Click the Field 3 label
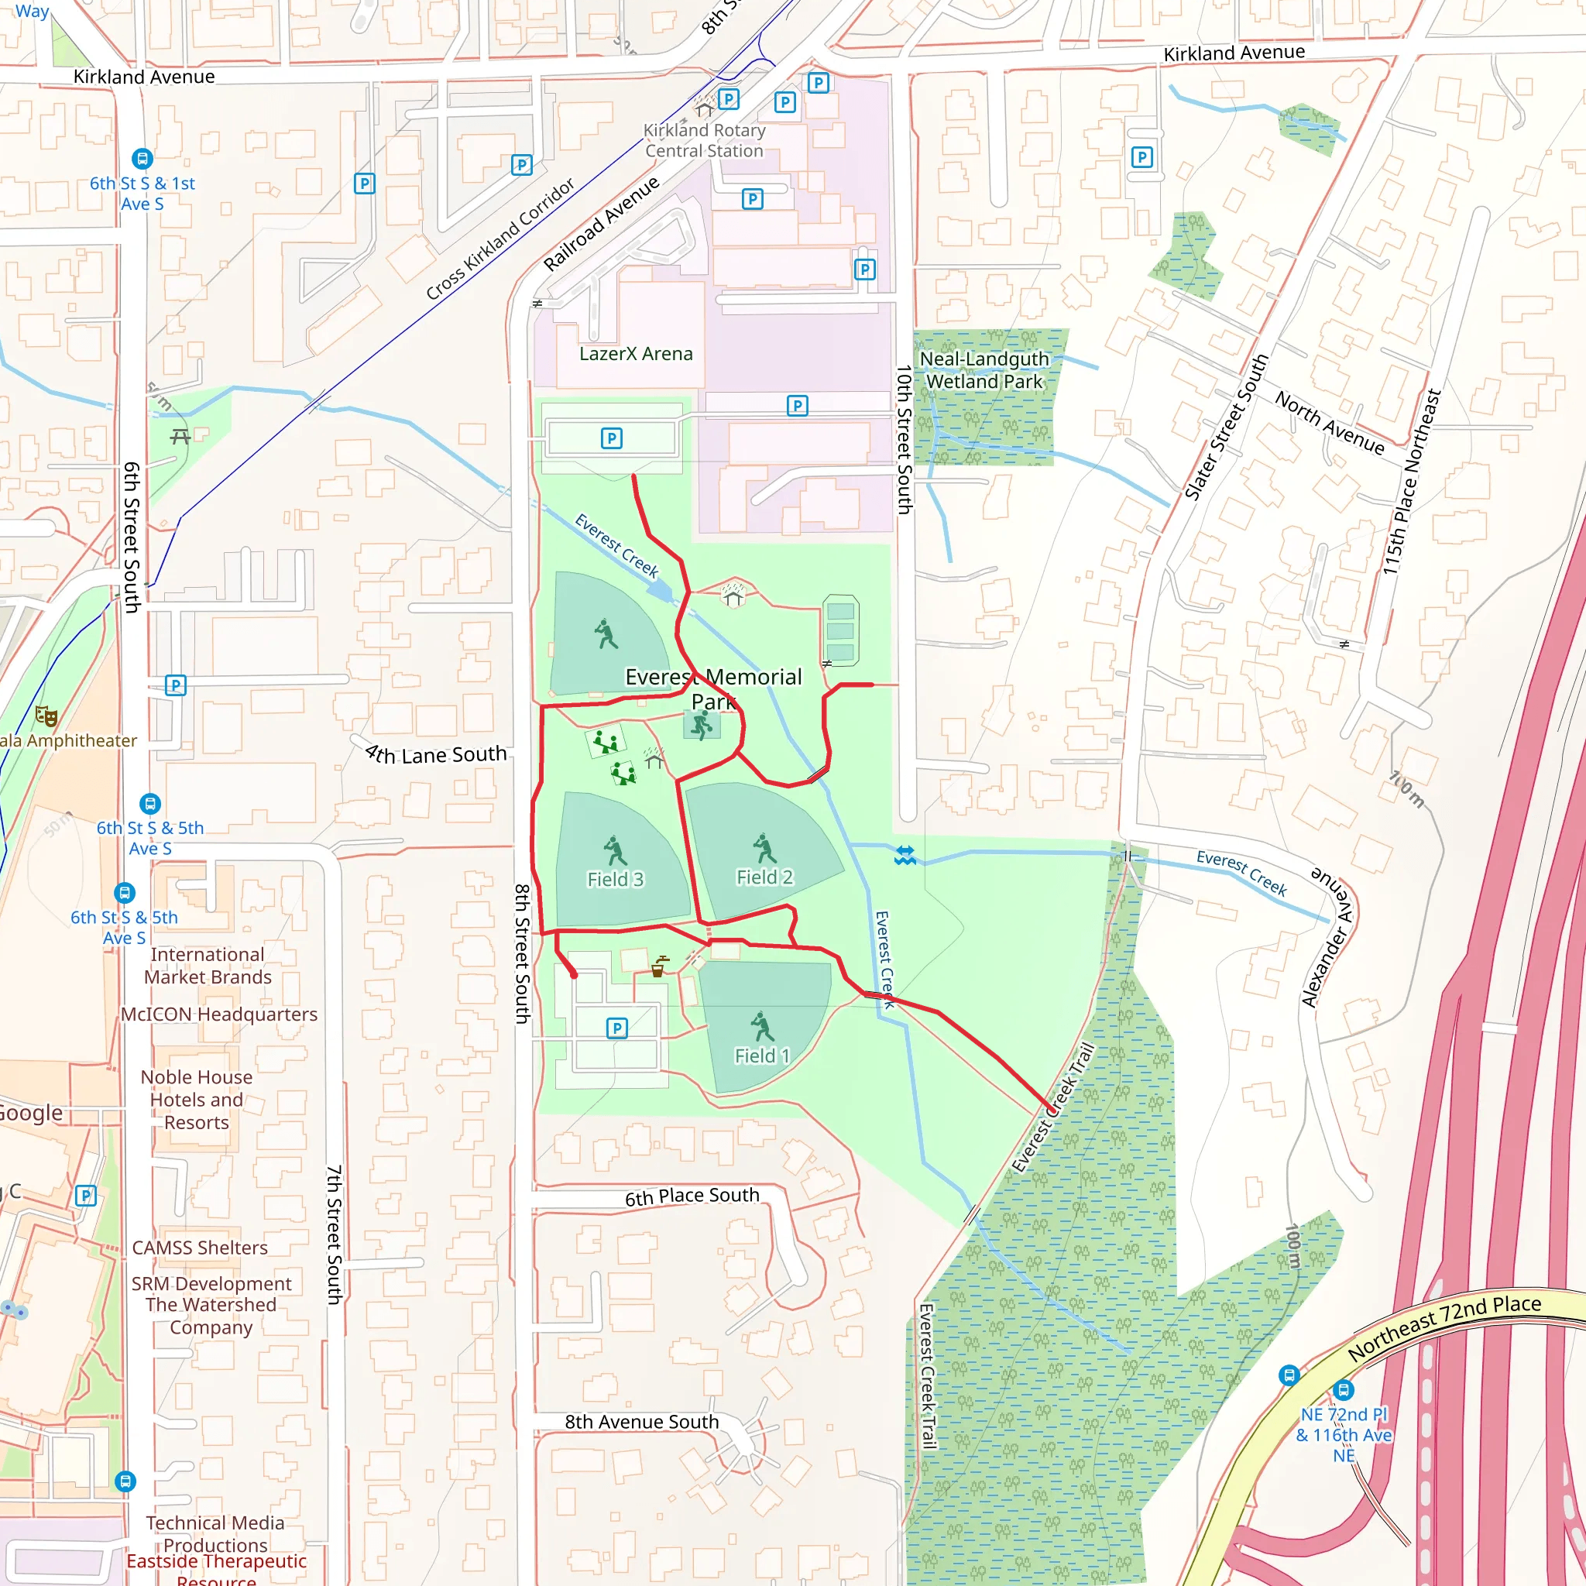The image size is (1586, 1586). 615,879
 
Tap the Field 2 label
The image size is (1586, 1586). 764,877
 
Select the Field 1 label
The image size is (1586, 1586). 762,1056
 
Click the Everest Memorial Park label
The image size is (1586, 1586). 713,688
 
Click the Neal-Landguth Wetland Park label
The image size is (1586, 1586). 984,370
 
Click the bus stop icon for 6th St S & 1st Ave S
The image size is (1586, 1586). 142,159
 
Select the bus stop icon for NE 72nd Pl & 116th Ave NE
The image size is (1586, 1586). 1343,1390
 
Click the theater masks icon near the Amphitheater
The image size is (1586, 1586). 46,716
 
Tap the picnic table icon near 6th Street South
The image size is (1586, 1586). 180,436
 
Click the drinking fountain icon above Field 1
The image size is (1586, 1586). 658,967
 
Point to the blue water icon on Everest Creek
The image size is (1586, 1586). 905,856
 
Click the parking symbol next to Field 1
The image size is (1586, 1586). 616,1028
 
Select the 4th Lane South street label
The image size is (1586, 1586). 436,754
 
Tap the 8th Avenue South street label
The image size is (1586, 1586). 641,1422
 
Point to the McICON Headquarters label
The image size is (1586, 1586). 219,1014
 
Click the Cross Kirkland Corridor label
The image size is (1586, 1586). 500,239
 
